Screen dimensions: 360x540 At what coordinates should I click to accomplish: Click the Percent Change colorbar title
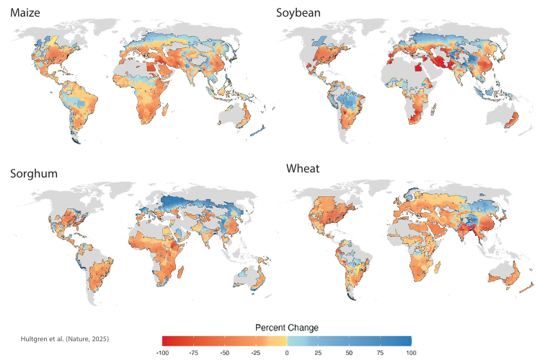click(x=286, y=327)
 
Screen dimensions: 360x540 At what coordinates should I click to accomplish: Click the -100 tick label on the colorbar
click(x=162, y=353)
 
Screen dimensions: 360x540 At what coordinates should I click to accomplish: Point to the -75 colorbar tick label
click(x=193, y=353)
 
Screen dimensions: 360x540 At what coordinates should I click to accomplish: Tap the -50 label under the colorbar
click(x=224, y=353)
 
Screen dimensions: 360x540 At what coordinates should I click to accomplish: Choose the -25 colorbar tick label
click(x=255, y=353)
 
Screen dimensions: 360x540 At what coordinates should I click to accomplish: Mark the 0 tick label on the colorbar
click(x=286, y=353)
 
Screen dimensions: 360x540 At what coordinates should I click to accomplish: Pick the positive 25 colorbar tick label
click(x=317, y=353)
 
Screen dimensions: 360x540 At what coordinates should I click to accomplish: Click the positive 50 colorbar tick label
click(x=348, y=353)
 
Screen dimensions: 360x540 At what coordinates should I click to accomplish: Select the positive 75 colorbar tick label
click(x=379, y=353)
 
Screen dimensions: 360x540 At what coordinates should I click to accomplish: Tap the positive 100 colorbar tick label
click(x=410, y=353)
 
